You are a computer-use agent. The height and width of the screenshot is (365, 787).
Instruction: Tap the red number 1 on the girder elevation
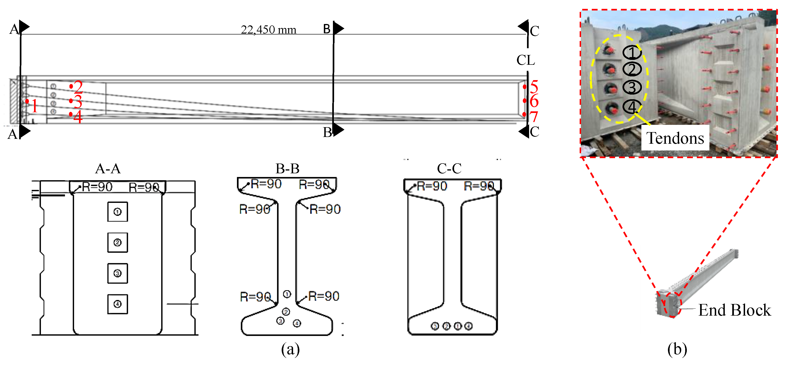pos(34,106)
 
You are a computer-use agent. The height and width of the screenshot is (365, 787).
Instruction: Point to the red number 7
pos(534,117)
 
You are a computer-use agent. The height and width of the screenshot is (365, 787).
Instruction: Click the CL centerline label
pos(525,60)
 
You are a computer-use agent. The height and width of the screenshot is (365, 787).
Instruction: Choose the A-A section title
pos(108,169)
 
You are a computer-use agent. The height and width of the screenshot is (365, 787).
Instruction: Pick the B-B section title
pos(287,169)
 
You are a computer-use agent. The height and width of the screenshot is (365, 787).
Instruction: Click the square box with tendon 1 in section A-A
pos(118,212)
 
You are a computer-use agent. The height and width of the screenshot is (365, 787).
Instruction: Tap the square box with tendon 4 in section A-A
pos(118,304)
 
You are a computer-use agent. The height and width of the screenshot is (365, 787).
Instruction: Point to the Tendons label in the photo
pos(675,138)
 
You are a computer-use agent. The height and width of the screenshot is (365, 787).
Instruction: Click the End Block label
pos(734,310)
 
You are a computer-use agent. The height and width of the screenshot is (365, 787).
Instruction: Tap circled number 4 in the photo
pos(632,107)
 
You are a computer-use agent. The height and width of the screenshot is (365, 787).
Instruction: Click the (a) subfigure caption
pos(290,349)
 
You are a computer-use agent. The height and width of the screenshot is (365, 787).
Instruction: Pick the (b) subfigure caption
pos(677,349)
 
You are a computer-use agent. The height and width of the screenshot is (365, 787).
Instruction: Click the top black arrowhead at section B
pos(338,28)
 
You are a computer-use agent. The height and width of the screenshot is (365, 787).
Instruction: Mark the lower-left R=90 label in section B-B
pos(255,297)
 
